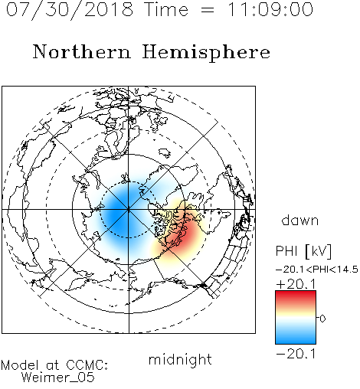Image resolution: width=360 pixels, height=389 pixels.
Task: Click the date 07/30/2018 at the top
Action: click(70, 10)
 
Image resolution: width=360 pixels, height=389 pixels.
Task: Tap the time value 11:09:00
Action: click(270, 10)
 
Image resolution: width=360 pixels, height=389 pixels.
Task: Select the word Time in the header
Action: click(166, 10)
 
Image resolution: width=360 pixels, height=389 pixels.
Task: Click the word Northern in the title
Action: click(82, 51)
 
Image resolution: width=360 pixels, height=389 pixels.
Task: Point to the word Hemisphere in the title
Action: click(206, 53)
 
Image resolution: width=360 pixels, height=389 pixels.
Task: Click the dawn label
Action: click(300, 220)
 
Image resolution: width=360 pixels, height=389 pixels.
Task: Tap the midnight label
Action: click(180, 359)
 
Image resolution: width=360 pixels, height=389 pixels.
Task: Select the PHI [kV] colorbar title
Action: click(303, 251)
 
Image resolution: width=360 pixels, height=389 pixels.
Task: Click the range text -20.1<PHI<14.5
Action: click(317, 270)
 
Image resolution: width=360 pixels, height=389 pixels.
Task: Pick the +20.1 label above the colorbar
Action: click(296, 284)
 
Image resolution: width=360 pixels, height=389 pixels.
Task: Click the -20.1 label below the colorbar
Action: click(296, 354)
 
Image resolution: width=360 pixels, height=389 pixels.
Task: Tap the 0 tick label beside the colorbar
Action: click(322, 319)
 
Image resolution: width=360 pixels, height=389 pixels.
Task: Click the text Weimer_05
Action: click(58, 377)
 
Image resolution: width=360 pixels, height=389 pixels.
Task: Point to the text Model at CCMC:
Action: click(54, 365)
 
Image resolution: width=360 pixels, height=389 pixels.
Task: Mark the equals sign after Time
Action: click(208, 10)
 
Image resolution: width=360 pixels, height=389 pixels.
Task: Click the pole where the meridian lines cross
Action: click(129, 210)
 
